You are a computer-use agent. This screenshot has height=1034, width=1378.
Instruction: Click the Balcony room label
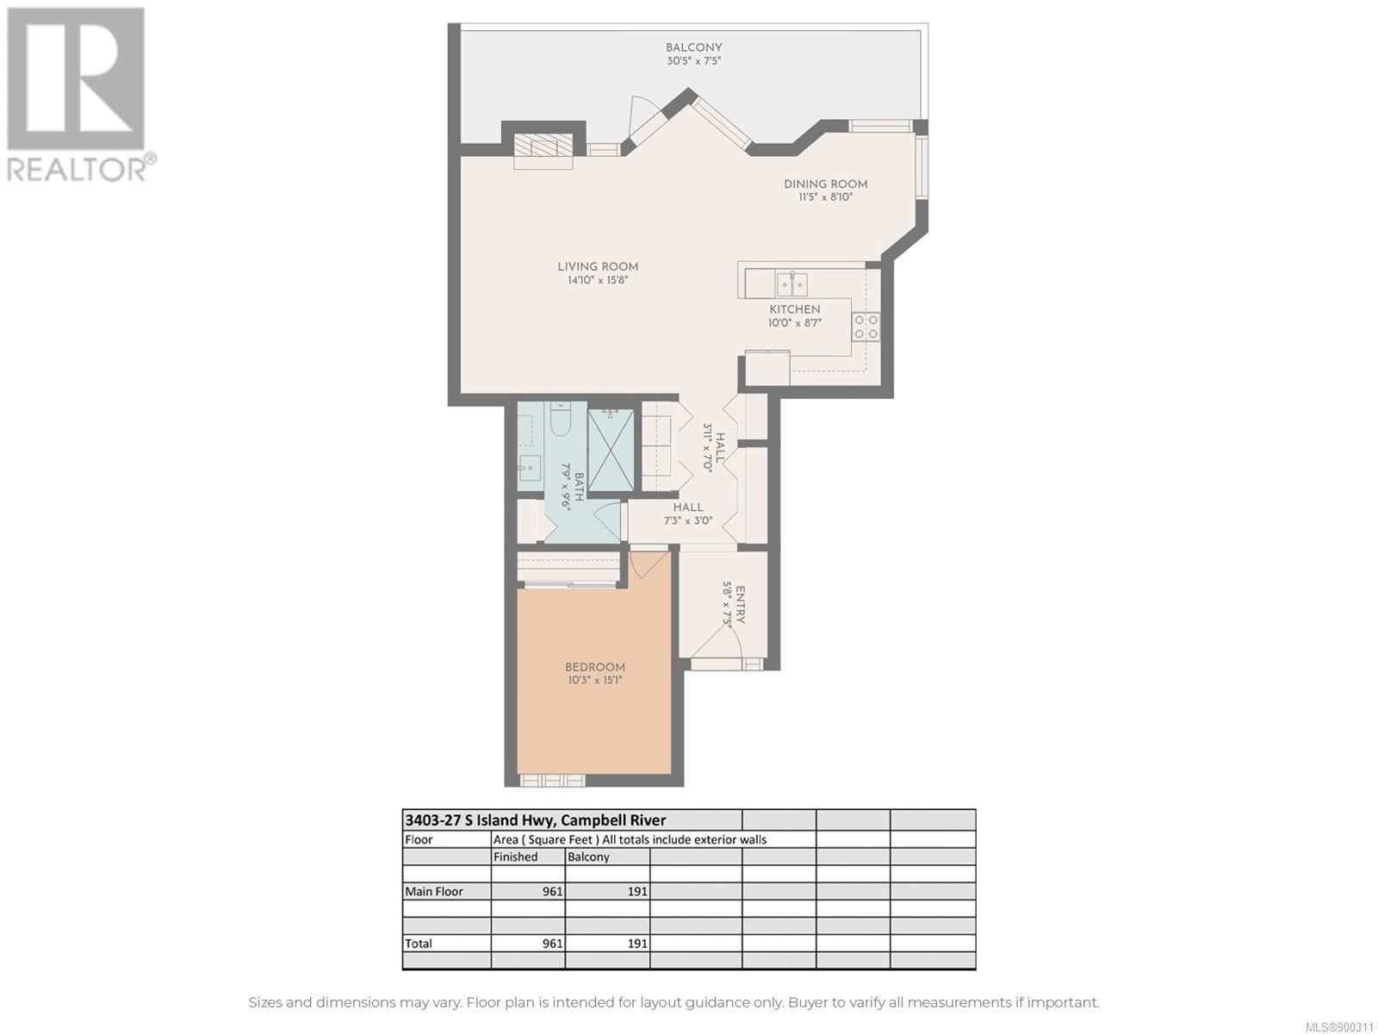[693, 47]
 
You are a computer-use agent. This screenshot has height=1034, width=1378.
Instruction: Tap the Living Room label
[598, 267]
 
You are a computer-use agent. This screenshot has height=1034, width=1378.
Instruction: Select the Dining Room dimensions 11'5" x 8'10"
[826, 197]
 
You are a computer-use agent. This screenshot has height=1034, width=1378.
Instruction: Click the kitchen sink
[791, 284]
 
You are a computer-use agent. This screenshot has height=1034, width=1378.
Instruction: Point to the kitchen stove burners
[866, 327]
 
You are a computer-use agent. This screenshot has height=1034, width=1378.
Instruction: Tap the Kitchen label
[795, 309]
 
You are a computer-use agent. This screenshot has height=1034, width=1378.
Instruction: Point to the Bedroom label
[594, 667]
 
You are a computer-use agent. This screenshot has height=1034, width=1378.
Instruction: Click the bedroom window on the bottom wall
[552, 781]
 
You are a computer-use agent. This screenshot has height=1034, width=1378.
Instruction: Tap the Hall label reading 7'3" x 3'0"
[689, 514]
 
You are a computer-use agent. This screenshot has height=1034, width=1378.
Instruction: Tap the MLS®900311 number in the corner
[1340, 1027]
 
